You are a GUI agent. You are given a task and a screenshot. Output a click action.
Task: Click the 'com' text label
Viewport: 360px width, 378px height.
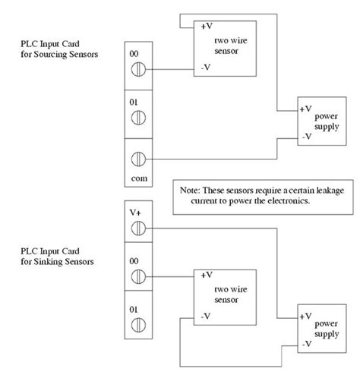(137, 179)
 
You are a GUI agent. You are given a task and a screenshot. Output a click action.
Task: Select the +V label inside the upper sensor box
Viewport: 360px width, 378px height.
(207, 26)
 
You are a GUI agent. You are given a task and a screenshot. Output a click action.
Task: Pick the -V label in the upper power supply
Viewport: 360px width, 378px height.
(306, 136)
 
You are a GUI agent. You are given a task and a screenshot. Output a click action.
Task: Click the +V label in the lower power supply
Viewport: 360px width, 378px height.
(306, 315)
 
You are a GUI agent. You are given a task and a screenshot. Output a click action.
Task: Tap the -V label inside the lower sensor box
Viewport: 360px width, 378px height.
(207, 315)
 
